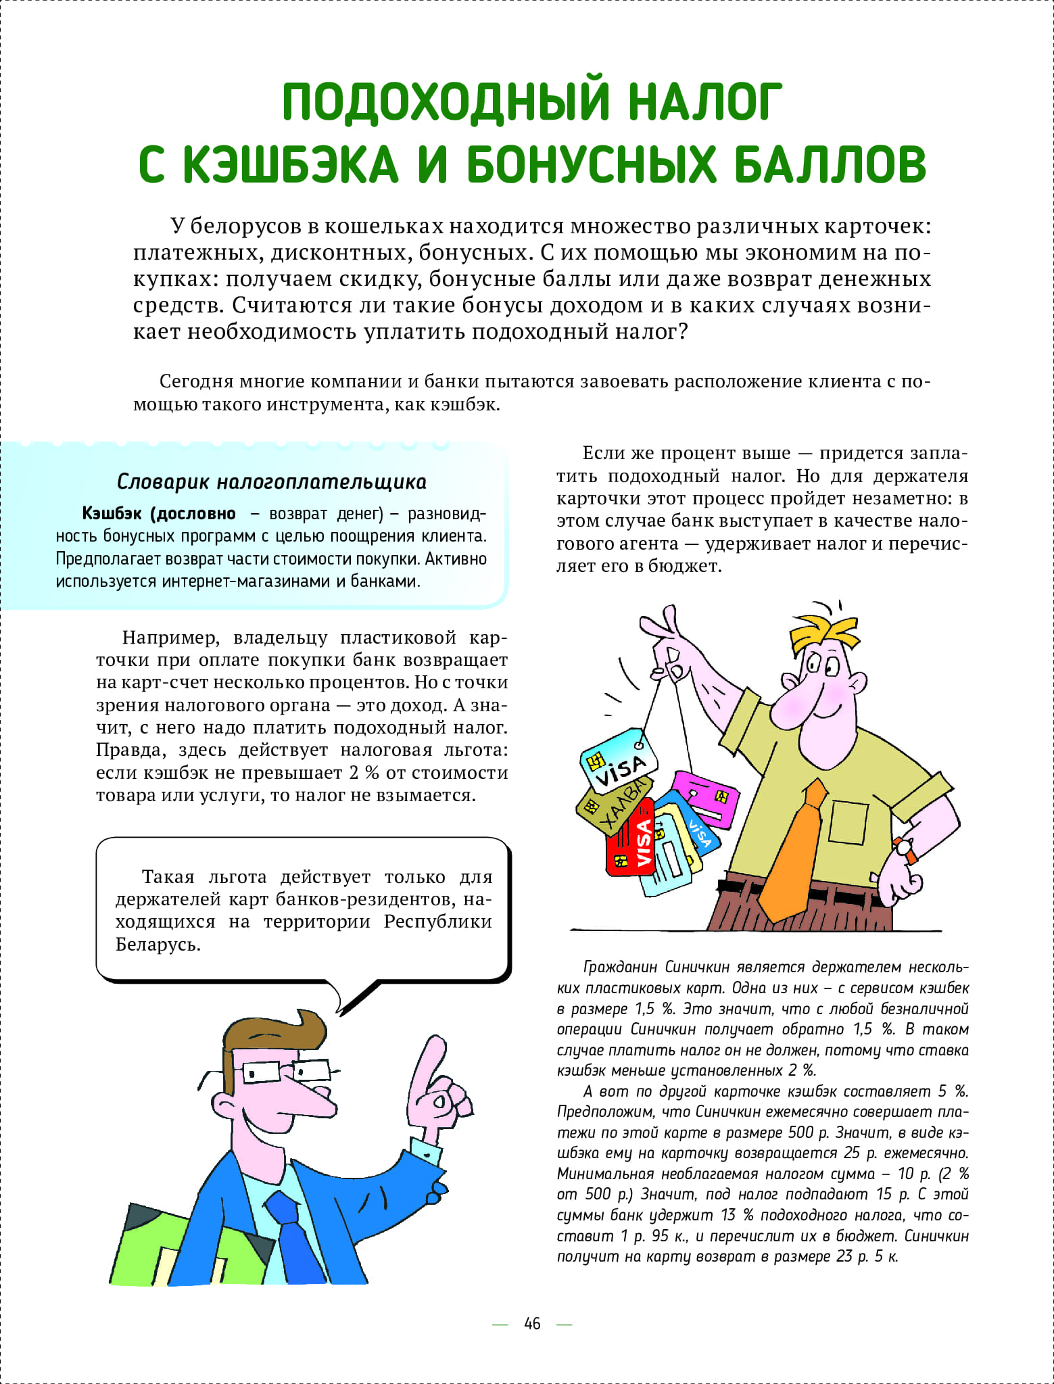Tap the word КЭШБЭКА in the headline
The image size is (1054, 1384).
pos(291,166)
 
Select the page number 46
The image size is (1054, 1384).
pos(532,1323)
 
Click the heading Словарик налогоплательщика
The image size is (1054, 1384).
pos(272,482)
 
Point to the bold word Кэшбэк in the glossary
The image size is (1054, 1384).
pos(112,513)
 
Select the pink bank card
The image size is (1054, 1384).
pos(706,798)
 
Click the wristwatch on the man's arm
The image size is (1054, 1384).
pos(905,849)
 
